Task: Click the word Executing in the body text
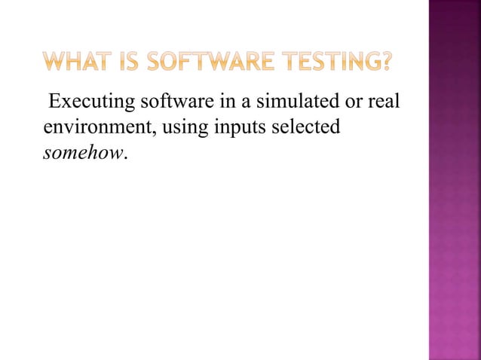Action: [84, 102]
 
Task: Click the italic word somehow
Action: [83, 153]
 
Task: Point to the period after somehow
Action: [126, 157]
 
